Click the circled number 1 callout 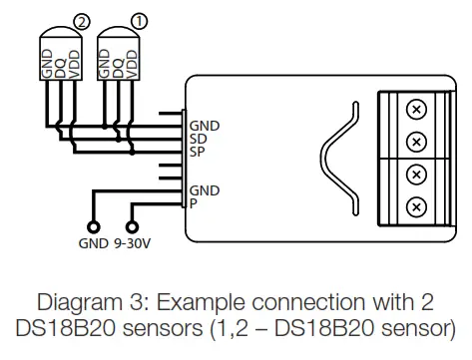[140, 22]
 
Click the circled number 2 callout [82, 22]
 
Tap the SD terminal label [199, 139]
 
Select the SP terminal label [198, 152]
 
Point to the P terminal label [194, 203]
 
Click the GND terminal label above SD [205, 126]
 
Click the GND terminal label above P [205, 190]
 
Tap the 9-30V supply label [133, 243]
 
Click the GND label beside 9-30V [94, 243]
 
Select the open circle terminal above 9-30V [132, 227]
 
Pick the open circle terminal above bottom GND [94, 227]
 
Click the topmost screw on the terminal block [416, 110]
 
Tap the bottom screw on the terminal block [416, 207]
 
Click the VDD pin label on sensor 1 [132, 65]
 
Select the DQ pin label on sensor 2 [61, 68]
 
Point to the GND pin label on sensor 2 [47, 64]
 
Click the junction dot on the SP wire [132, 153]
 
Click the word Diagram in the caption [80, 302]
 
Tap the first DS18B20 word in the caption [65, 328]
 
